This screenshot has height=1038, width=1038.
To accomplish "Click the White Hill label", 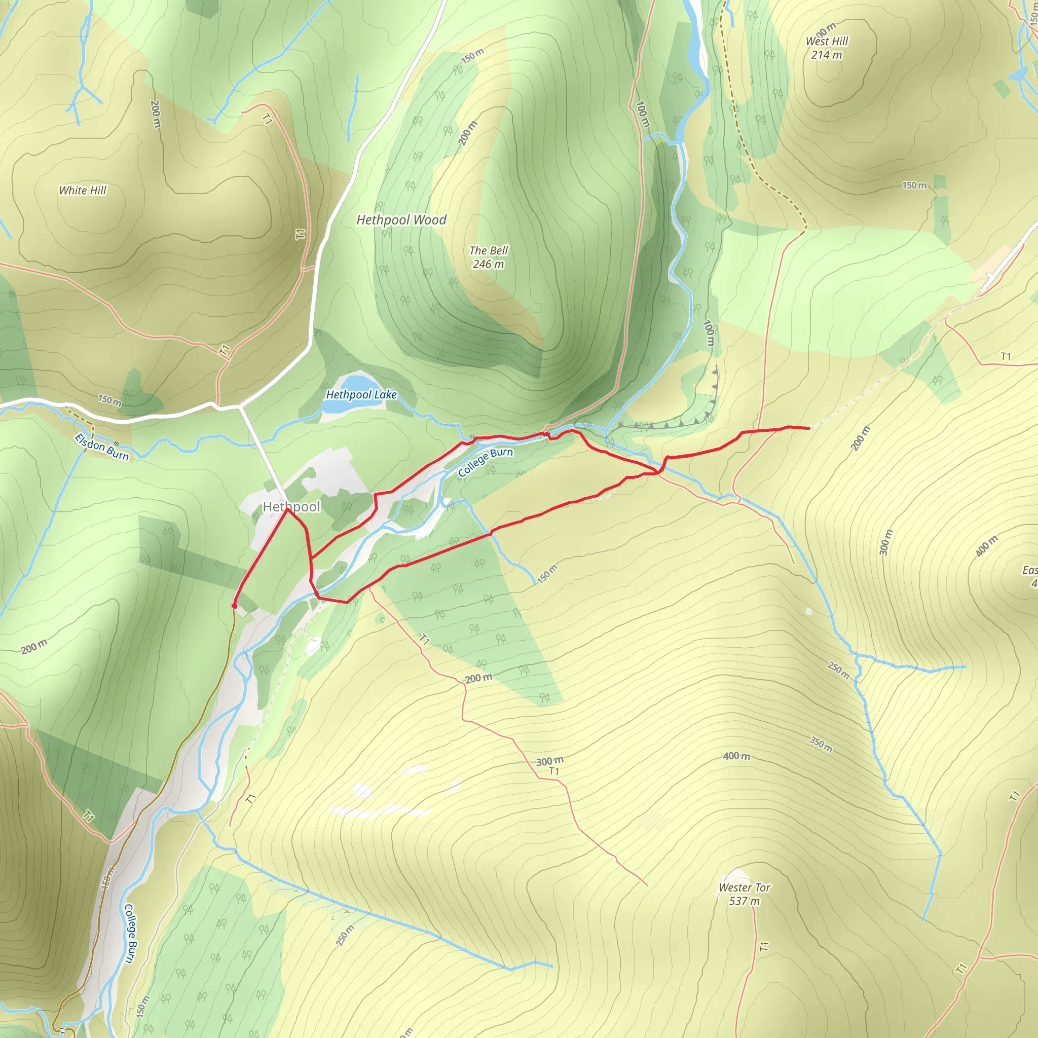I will point(83,190).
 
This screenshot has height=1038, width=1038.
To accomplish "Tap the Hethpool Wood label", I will point(401,220).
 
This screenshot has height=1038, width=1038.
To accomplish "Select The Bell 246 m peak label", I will point(489,257).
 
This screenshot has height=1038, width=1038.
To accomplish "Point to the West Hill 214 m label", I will point(827,48).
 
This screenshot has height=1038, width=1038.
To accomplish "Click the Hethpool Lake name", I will point(361,394).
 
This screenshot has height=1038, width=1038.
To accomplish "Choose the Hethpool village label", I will point(291,507).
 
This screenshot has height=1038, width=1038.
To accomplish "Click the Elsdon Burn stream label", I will point(102,447).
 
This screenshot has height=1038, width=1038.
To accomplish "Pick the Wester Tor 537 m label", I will point(744,894).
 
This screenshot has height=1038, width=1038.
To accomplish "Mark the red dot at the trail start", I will point(234,606).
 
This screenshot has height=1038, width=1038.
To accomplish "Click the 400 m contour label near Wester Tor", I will point(736,757).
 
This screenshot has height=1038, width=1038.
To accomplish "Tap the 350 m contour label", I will point(822,745).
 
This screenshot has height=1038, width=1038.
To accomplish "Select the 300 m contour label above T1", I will point(549,761).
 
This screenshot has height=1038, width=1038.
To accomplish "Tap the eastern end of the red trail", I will point(808,428).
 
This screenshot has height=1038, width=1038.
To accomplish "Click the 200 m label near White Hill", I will point(155,114).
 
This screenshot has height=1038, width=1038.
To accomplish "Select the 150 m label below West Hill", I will point(914,186).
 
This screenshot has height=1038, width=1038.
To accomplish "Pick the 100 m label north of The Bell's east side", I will point(643,114).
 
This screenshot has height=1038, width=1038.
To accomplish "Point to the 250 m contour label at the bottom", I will point(345,936).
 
